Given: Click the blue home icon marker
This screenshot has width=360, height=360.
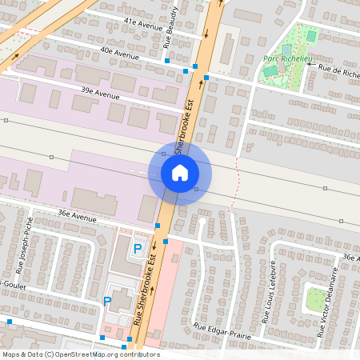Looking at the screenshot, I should click(x=180, y=172).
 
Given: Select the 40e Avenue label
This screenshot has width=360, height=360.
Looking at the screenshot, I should click(x=120, y=53).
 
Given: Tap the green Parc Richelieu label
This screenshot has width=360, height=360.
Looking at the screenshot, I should click(x=286, y=59).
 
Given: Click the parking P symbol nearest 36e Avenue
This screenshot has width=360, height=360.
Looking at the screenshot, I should click(x=137, y=250).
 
